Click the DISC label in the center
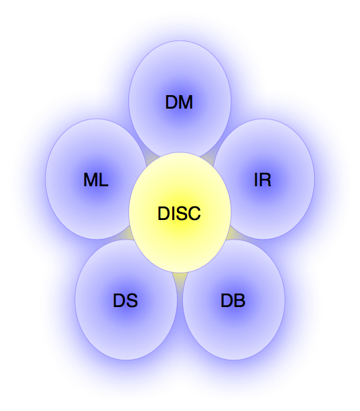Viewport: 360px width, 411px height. [x=179, y=214]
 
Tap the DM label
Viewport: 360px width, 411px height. [x=179, y=103]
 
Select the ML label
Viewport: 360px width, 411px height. [x=95, y=180]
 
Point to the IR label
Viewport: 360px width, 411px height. [x=263, y=180]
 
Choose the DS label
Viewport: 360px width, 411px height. [x=125, y=301]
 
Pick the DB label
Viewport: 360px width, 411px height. [x=233, y=301]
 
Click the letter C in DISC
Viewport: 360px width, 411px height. [x=194, y=214]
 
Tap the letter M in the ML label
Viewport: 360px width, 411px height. [x=91, y=180]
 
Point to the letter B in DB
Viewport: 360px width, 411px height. [x=239, y=301]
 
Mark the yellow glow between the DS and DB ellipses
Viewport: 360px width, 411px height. [x=180, y=278]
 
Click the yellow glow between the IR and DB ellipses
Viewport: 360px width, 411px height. [x=233, y=234]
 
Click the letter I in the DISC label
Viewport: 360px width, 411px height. [x=172, y=214]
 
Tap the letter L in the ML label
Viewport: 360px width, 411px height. [x=103, y=180]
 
